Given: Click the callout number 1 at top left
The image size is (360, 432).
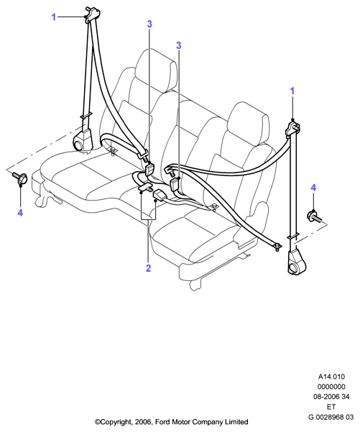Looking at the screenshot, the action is pos(54,17).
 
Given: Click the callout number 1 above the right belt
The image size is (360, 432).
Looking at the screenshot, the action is pos(292,91).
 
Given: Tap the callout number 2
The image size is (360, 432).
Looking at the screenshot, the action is pos(149,268).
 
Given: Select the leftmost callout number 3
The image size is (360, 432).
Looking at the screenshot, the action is pos(149,24).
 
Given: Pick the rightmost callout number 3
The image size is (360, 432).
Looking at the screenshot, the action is pos(179,45).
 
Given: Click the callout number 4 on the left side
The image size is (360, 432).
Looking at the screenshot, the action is pos(20,213).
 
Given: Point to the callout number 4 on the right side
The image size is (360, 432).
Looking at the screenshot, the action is pos(313,188).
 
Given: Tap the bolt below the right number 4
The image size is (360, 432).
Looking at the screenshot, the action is pos(315,216).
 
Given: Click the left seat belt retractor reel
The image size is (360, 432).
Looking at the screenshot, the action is pos(83,140).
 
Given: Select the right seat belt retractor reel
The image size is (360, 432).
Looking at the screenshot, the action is pos(297,262).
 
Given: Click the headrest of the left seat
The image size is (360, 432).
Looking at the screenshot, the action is pos(156,71).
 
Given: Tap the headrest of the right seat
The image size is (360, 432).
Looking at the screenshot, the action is pos(249,123).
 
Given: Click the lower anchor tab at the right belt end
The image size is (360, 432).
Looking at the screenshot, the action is pos(277,246).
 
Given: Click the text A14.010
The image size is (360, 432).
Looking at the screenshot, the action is pos(331,377).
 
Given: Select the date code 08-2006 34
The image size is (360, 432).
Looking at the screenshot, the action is pos(331,397).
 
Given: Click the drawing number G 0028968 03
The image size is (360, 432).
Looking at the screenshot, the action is pos(331,417).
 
